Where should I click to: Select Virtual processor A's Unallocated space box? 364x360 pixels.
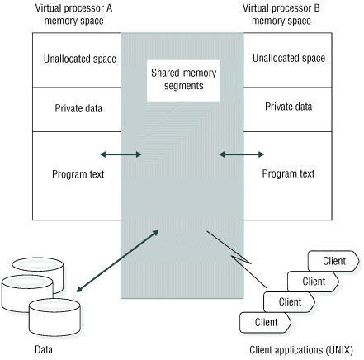point(75,59)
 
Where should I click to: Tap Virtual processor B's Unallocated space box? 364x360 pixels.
point(288,59)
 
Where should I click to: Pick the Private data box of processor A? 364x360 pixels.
point(75,107)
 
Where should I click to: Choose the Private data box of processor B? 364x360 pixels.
point(288,107)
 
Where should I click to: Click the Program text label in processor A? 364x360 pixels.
point(75,174)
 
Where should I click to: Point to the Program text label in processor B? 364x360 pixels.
point(288,174)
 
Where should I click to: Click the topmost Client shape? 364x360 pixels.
point(333,261)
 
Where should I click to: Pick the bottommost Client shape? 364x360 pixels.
point(265,321)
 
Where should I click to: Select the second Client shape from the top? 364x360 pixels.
point(313,281)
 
